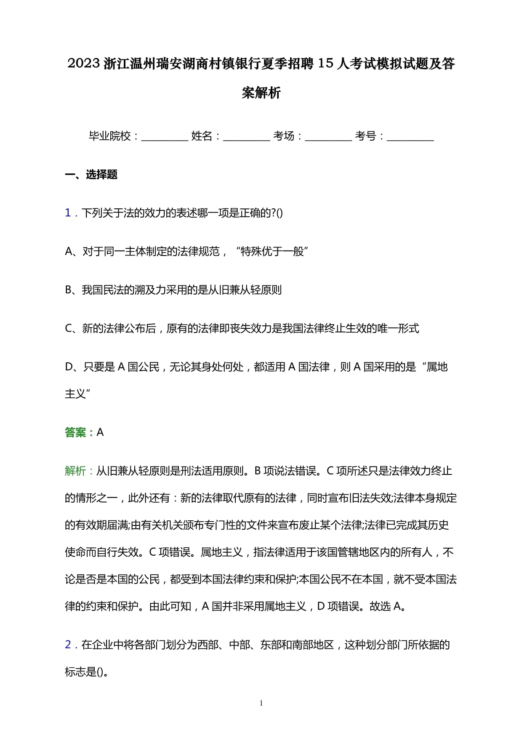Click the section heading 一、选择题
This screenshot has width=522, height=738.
point(91,174)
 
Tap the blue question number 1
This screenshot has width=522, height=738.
point(68,213)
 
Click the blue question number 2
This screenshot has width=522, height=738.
point(68,645)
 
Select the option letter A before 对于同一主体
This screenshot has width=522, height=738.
point(69,252)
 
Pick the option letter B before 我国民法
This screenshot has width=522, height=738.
point(69,290)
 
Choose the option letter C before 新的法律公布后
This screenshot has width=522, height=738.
point(69,328)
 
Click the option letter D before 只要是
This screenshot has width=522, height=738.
point(69,367)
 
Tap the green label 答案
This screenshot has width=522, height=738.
point(76,432)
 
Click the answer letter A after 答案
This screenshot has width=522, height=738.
point(100,432)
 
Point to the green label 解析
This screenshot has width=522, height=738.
point(76,471)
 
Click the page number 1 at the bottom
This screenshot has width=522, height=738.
point(261,703)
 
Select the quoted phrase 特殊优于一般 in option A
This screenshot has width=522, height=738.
point(272,252)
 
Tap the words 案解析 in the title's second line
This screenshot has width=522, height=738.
point(261,93)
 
